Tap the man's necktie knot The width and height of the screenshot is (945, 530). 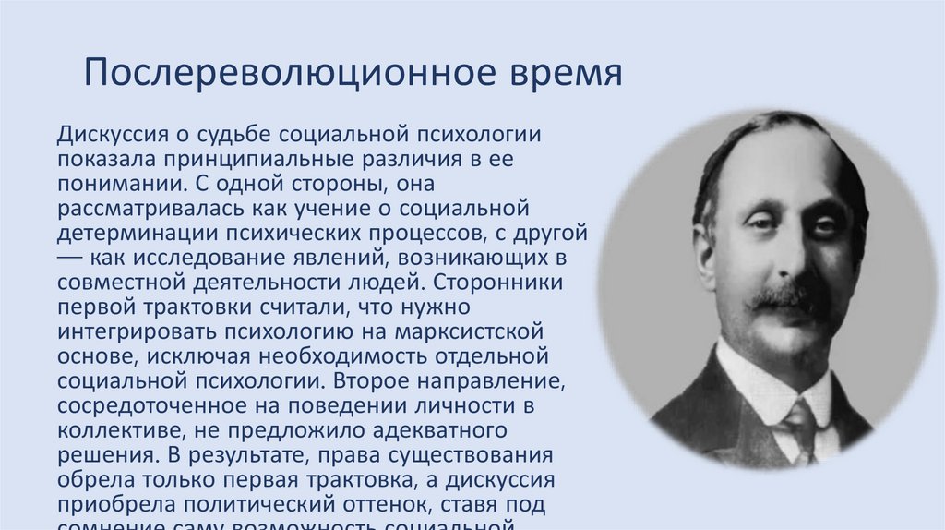point(799,414)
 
